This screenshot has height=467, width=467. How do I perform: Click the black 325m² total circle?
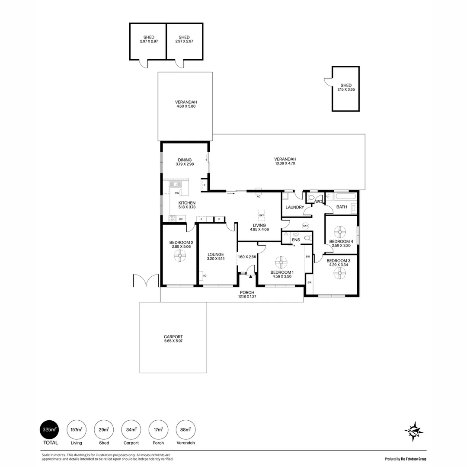(x=50, y=430)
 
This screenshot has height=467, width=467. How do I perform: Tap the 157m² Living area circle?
(x=77, y=430)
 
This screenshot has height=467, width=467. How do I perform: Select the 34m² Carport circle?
(x=131, y=430)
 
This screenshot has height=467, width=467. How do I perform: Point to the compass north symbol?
(x=414, y=431)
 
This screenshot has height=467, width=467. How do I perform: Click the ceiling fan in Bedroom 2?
(x=180, y=256)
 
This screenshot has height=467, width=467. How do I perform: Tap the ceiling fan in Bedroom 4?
(x=340, y=232)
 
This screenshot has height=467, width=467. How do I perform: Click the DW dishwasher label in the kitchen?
(x=177, y=193)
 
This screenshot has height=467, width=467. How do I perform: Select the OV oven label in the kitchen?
(x=181, y=219)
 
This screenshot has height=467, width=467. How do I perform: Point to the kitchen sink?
(x=176, y=184)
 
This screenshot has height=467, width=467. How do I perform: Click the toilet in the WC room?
(x=311, y=198)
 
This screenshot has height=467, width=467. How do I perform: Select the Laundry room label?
(x=294, y=207)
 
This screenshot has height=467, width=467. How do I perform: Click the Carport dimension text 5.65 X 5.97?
(x=173, y=341)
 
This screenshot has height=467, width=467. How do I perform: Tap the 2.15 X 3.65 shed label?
(x=346, y=90)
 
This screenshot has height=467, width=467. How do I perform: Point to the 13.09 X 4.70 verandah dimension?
(x=285, y=163)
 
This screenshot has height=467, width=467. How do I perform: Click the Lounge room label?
(x=216, y=255)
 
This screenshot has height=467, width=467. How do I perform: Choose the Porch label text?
(x=247, y=292)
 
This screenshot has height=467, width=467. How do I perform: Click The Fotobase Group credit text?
(x=413, y=459)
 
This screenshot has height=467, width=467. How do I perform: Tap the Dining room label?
(x=185, y=160)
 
